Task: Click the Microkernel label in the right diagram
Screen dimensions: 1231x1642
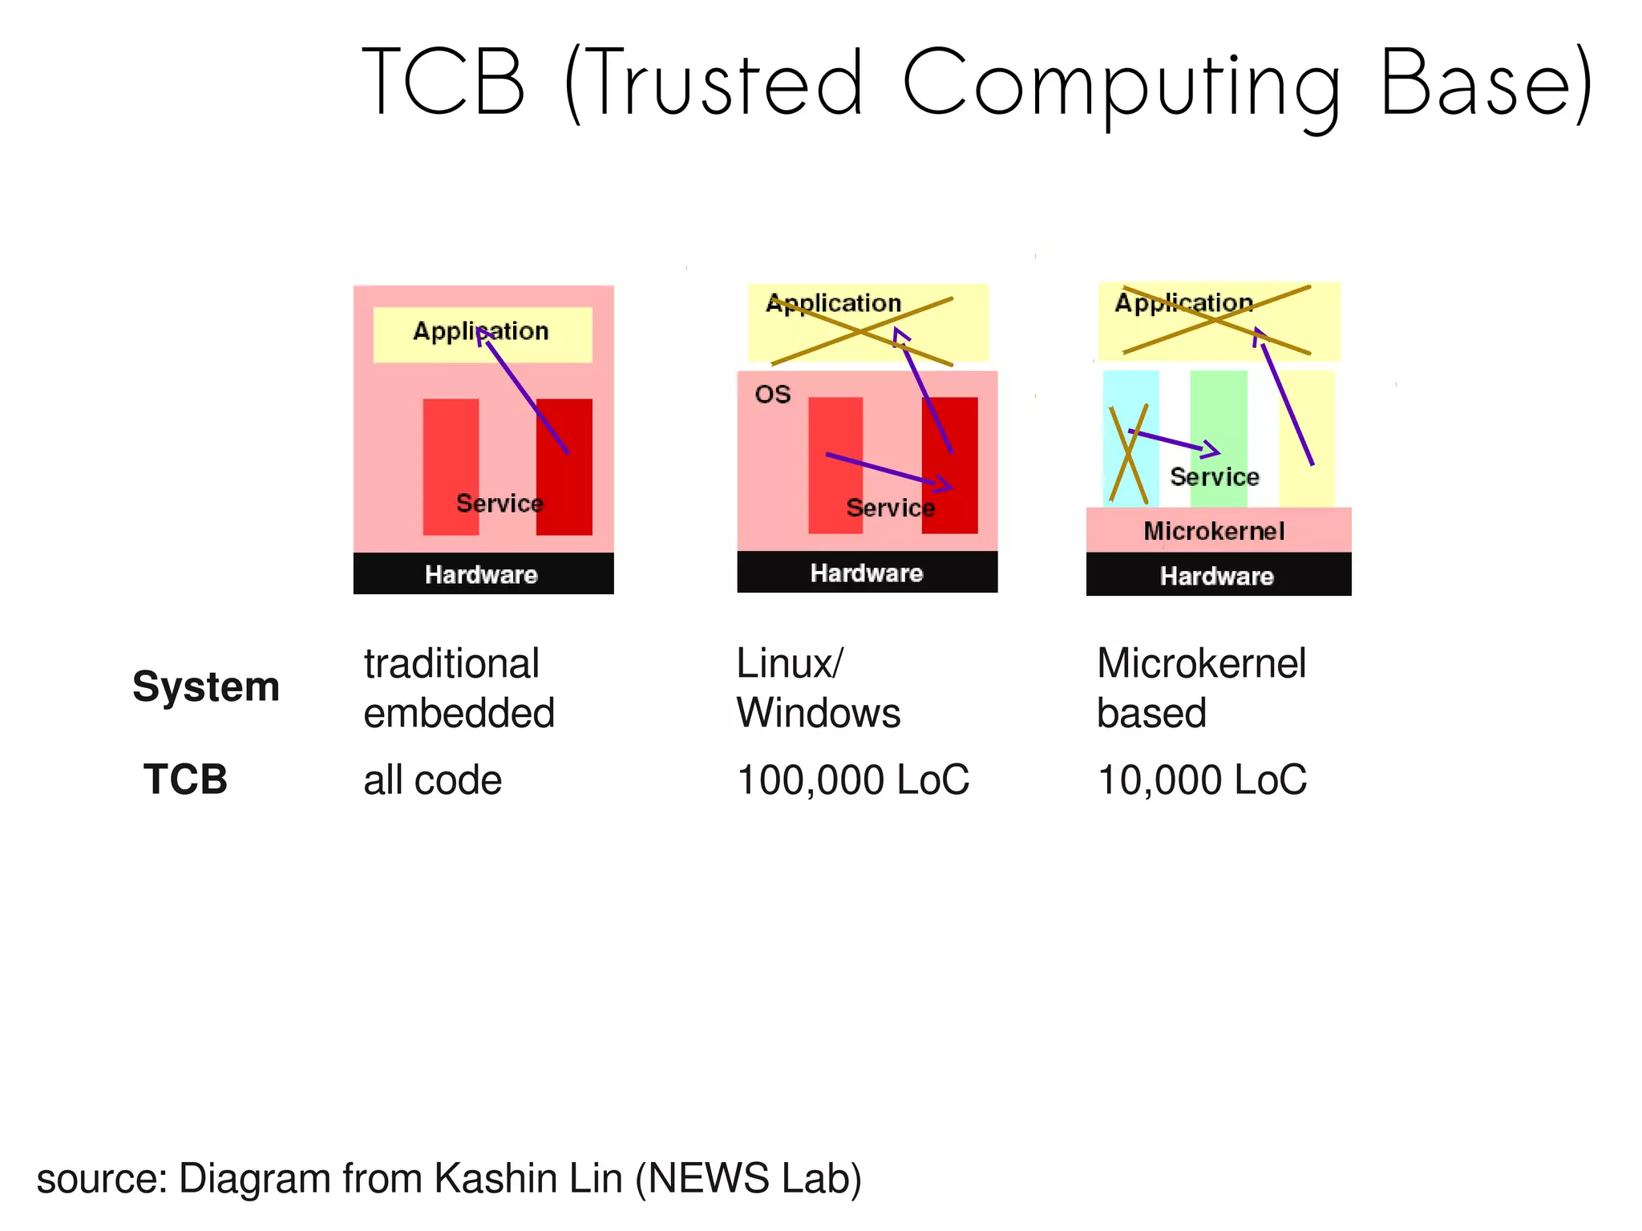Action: (1214, 531)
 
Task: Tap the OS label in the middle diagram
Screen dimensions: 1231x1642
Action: (772, 394)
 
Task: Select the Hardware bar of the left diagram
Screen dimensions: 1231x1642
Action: (483, 574)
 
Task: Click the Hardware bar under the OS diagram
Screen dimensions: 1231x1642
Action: (867, 573)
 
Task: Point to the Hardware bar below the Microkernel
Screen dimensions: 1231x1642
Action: (1217, 576)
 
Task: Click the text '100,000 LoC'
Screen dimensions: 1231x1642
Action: (853, 779)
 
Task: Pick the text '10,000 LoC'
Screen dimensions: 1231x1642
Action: (1202, 779)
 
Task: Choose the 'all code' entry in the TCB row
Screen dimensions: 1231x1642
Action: (432, 780)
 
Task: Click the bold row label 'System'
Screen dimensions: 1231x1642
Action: (206, 687)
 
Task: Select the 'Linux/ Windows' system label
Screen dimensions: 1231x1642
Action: (818, 688)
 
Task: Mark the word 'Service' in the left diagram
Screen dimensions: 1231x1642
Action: (499, 504)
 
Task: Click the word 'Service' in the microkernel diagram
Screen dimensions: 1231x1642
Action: (1214, 477)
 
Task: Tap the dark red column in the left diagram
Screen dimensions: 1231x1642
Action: (564, 489)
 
